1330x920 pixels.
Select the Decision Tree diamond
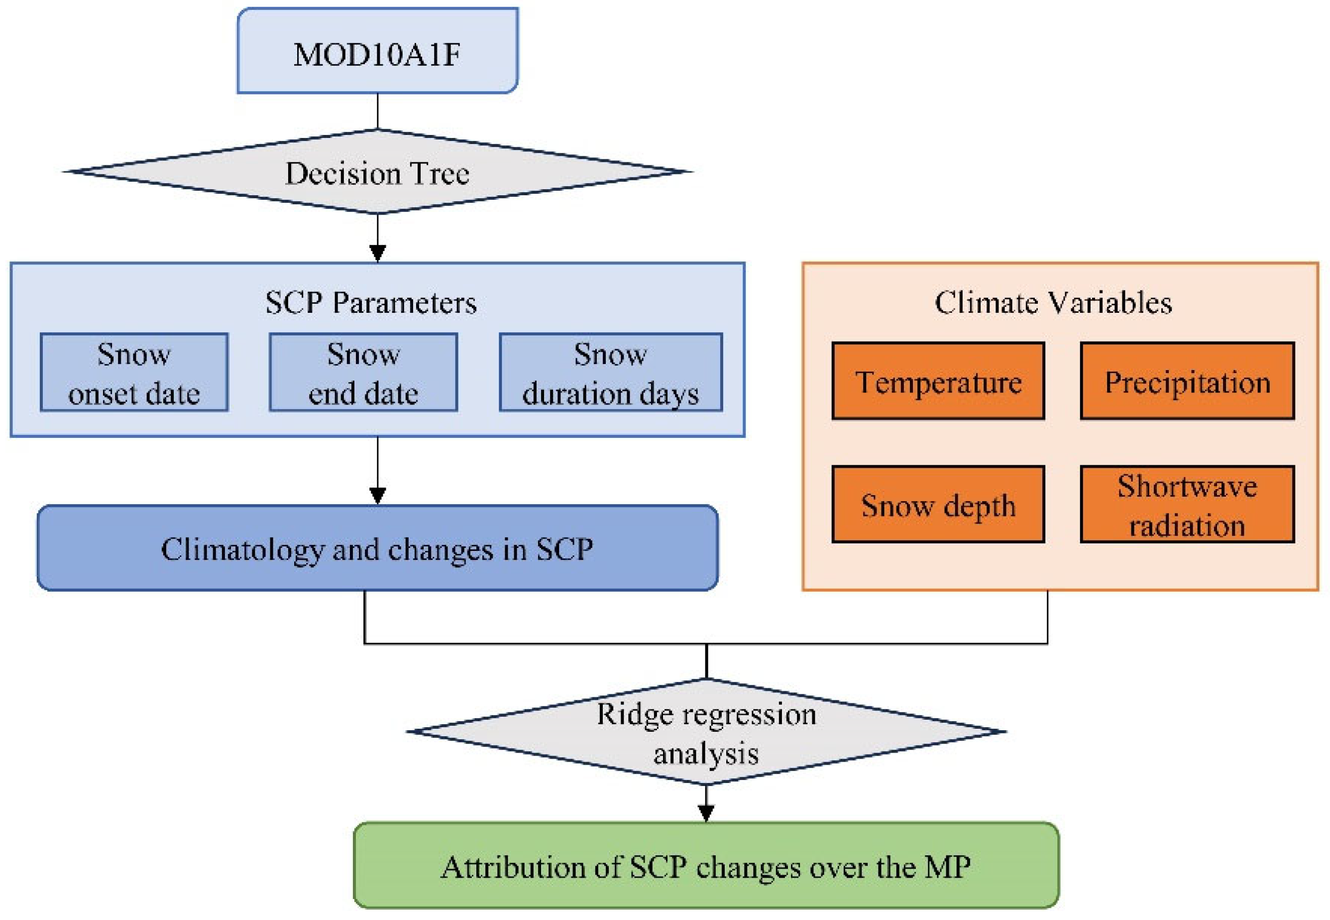[377, 172]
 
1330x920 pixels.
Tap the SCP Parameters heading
[371, 303]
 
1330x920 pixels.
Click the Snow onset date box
[134, 373]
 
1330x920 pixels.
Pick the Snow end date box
[363, 373]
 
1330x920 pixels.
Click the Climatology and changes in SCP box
[377, 548]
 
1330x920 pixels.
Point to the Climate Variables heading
[1052, 303]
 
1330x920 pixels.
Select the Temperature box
[938, 381]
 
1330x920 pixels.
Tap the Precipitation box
[1187, 381]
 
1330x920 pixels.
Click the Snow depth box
[938, 505]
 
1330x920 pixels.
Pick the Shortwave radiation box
[1187, 505]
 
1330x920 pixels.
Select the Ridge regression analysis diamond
[706, 732]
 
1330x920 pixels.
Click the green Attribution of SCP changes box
[706, 866]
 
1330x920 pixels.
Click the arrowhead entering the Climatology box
[377, 496]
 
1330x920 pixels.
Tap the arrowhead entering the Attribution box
[706, 813]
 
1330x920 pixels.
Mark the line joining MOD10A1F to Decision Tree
[377, 111]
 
